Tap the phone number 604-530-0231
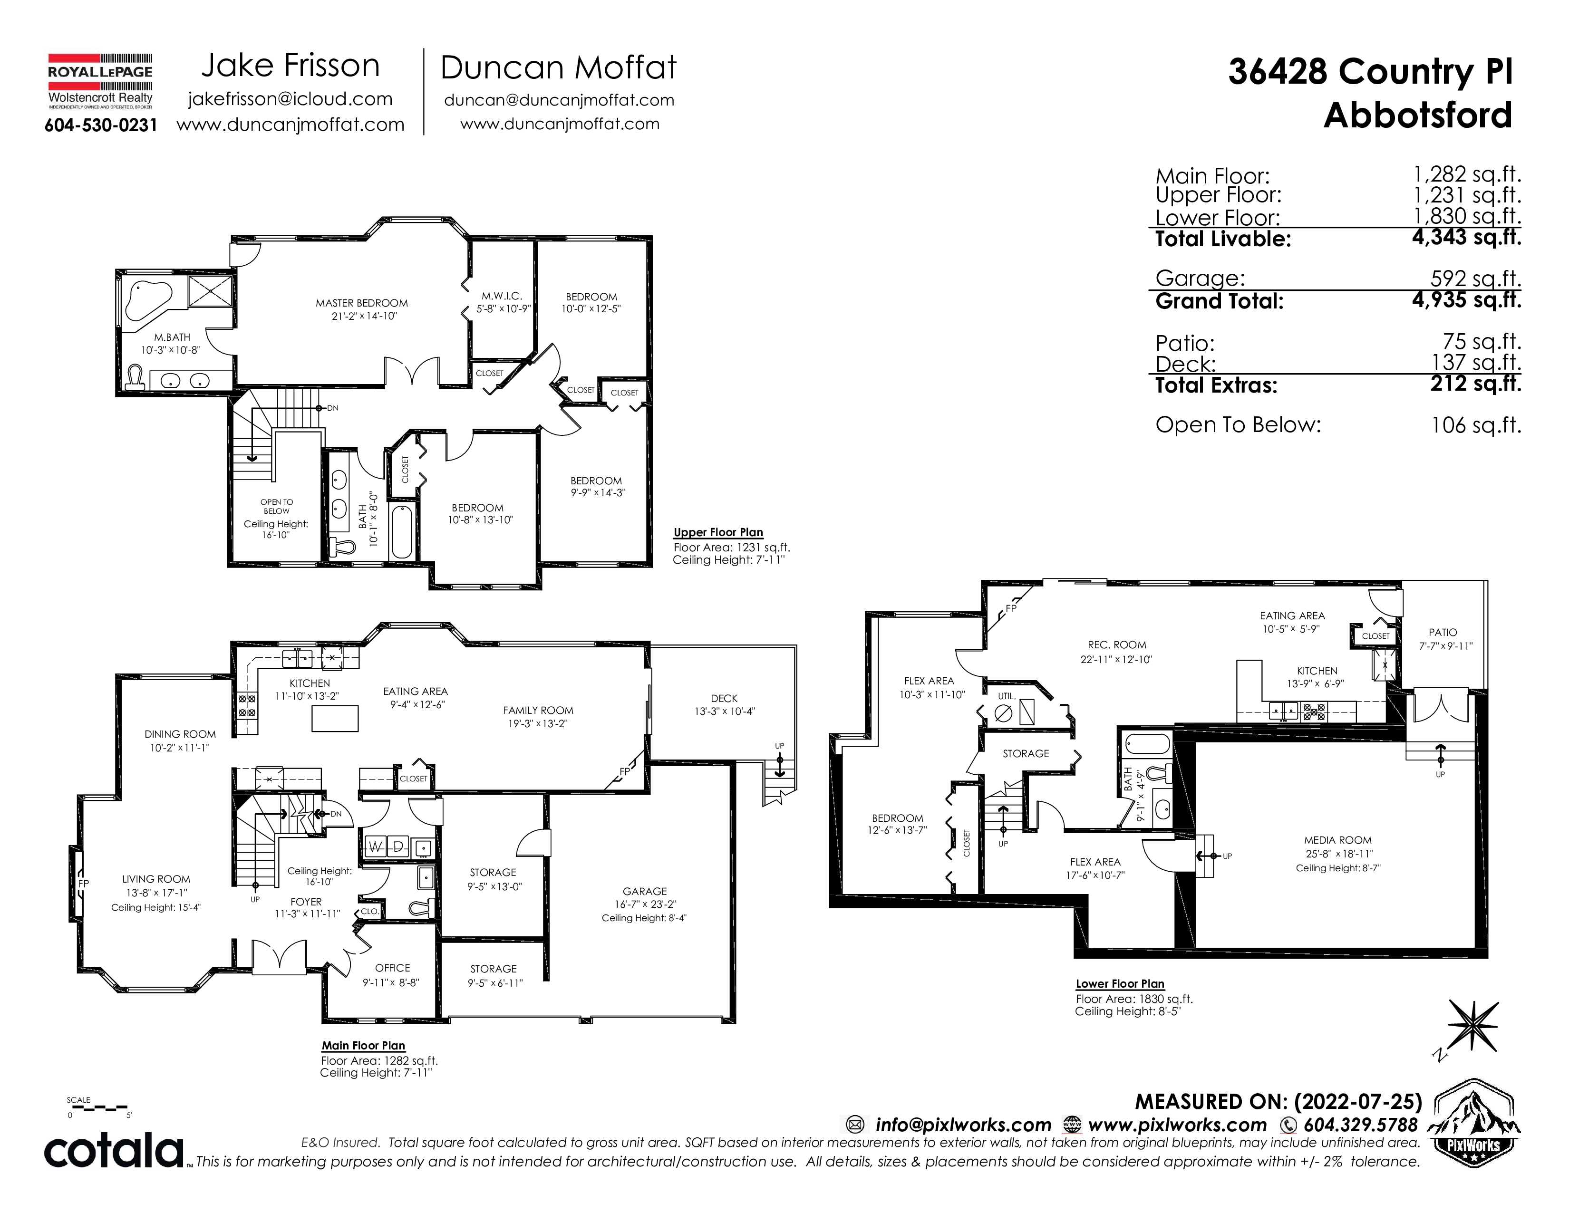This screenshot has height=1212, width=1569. [101, 125]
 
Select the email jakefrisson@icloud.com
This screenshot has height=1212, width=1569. [290, 99]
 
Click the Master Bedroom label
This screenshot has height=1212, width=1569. [361, 303]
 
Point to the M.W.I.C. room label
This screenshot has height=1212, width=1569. [502, 296]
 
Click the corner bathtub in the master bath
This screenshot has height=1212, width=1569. [147, 300]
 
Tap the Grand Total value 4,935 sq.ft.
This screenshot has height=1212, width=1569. [1466, 299]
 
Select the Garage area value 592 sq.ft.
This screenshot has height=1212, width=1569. [1476, 278]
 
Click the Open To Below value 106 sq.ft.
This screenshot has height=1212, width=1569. [1476, 425]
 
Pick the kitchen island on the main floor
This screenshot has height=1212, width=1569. [335, 718]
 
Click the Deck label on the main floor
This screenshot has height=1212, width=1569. [724, 698]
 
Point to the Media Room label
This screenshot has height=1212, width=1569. [1337, 840]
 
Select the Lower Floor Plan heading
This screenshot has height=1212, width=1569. [1120, 984]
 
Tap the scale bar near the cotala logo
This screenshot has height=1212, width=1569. [100, 1108]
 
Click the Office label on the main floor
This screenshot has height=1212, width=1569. [392, 968]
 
